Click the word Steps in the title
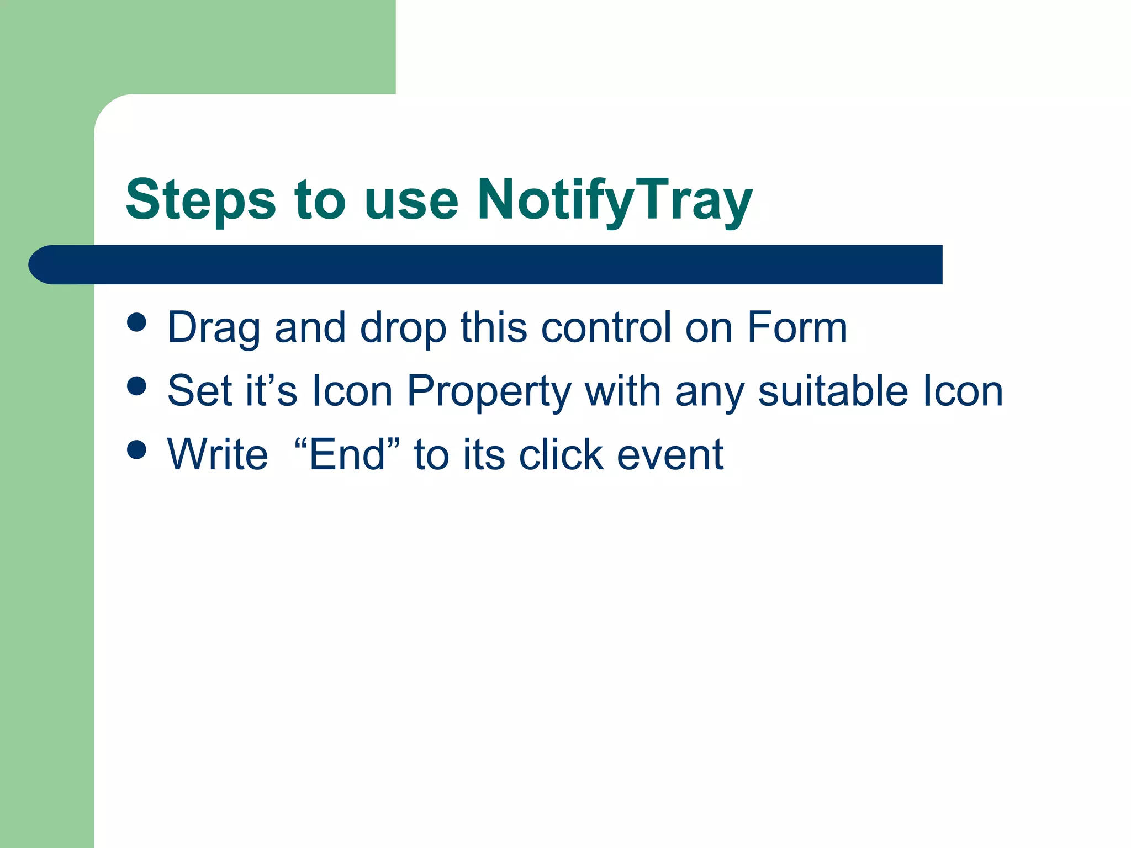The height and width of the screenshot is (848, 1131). tap(200, 200)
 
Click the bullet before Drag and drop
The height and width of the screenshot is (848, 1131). tap(136, 322)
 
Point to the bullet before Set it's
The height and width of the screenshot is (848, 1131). tap(136, 386)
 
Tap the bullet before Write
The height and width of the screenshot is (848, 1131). tap(136, 449)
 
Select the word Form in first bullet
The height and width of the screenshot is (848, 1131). tap(797, 327)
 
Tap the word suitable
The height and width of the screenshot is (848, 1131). tap(833, 391)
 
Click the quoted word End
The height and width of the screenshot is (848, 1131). tap(347, 454)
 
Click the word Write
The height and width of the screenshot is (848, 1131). tap(218, 454)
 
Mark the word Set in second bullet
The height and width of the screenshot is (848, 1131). tap(199, 391)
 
